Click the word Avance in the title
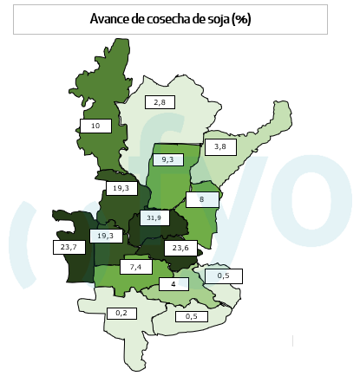pyautogui.click(x=110, y=18)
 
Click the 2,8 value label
pyautogui.click(x=160, y=103)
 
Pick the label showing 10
pyautogui.click(x=95, y=126)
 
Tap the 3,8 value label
pyautogui.click(x=220, y=146)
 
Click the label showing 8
pyautogui.click(x=201, y=199)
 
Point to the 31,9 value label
pyautogui.click(x=154, y=217)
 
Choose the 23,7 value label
pyautogui.click(x=69, y=247)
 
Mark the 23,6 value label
pyautogui.click(x=181, y=248)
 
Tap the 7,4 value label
pyautogui.click(x=135, y=268)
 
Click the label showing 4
pyautogui.click(x=173, y=284)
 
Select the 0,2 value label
pyautogui.click(x=121, y=312)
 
